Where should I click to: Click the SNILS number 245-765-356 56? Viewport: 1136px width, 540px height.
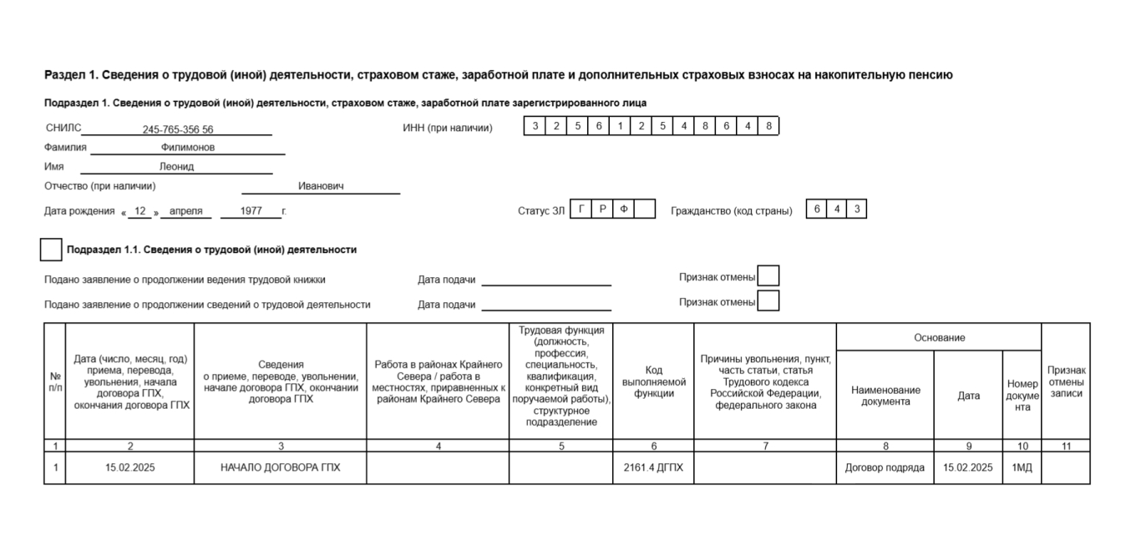coord(177,129)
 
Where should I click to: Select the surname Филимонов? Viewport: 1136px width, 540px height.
coord(188,148)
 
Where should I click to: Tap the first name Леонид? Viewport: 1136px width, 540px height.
coord(176,167)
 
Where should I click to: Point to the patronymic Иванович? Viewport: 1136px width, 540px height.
coord(321,187)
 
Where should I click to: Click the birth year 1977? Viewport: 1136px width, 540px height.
coord(251,211)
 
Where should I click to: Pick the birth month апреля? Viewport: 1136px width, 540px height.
coord(185,211)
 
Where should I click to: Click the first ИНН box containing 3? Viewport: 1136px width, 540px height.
coord(535,126)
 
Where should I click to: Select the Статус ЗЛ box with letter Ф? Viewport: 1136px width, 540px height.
coord(623,209)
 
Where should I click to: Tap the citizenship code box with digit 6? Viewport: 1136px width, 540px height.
coord(817,209)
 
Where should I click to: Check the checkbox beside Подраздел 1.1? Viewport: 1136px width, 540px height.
coord(51,250)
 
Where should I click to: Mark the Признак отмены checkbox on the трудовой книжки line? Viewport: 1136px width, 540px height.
coord(768,276)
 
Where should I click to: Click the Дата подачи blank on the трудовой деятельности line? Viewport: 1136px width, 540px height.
coord(546,304)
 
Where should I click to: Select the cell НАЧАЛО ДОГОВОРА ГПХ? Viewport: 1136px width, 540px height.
coord(280,468)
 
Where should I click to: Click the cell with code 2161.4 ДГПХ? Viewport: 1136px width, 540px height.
coord(653,468)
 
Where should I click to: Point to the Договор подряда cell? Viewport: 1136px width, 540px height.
coord(885,468)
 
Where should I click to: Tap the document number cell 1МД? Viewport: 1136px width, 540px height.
coord(1022,468)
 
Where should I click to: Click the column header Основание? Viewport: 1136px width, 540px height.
coord(939,337)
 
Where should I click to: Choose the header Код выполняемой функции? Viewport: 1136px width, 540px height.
coord(653,381)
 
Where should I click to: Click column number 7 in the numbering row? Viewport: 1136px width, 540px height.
coord(764,447)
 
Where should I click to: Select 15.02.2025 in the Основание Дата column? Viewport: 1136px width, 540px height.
coord(968,468)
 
